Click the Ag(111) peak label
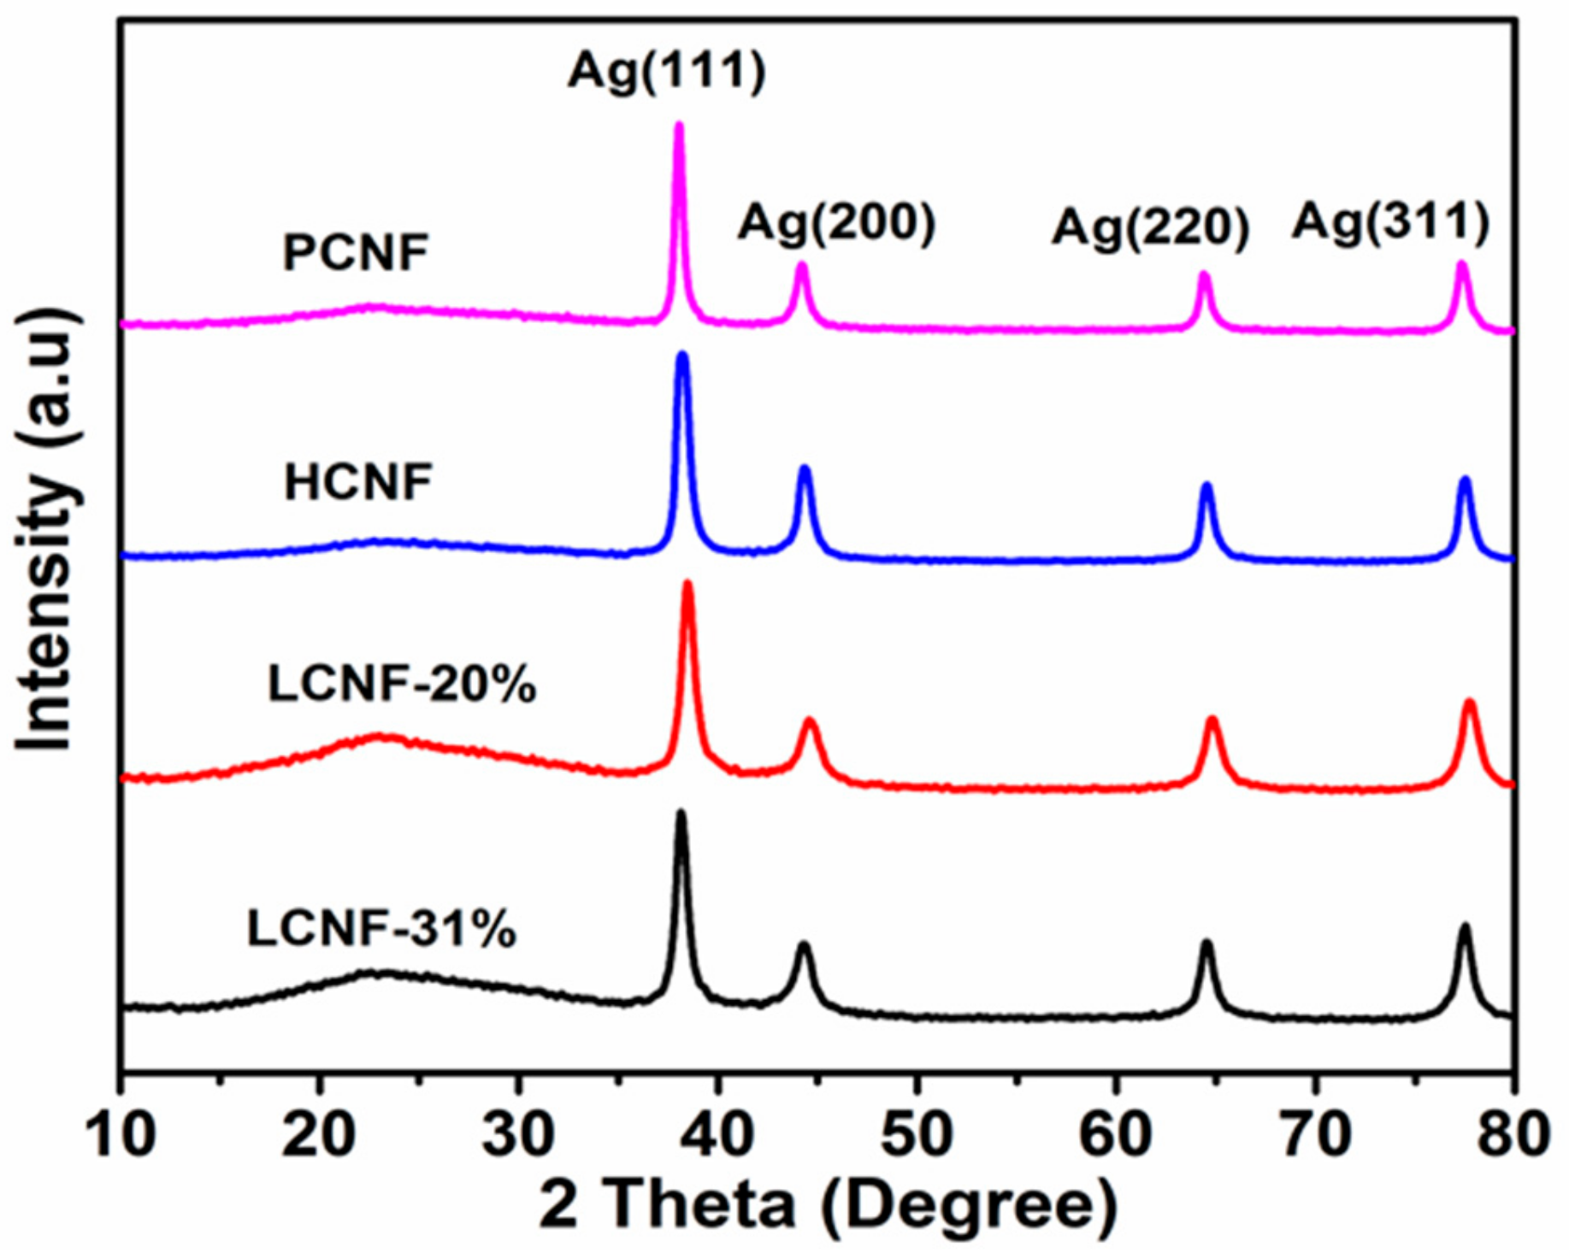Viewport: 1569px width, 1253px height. click(x=666, y=71)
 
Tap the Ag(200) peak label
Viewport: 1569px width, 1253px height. click(x=836, y=224)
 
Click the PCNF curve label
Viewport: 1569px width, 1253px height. click(x=356, y=253)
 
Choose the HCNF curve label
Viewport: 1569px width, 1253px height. click(x=358, y=482)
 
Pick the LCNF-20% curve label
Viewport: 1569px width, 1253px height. click(x=402, y=685)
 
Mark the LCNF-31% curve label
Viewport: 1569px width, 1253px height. click(x=381, y=929)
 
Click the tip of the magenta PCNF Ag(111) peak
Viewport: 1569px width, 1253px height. click(x=680, y=126)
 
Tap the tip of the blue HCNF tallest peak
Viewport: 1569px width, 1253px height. click(x=682, y=355)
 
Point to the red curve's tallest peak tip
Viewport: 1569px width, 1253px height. click(x=687, y=585)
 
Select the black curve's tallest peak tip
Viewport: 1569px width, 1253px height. click(x=681, y=812)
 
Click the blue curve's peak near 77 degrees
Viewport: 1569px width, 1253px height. click(x=1465, y=480)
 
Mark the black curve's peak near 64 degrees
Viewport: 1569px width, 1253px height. click(x=1206, y=944)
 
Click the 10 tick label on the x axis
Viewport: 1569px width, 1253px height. click(x=122, y=1135)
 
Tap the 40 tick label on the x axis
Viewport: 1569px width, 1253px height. click(x=718, y=1135)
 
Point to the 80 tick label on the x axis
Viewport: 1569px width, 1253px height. click(x=1513, y=1135)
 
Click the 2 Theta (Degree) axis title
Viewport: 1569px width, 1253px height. click(x=828, y=1207)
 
